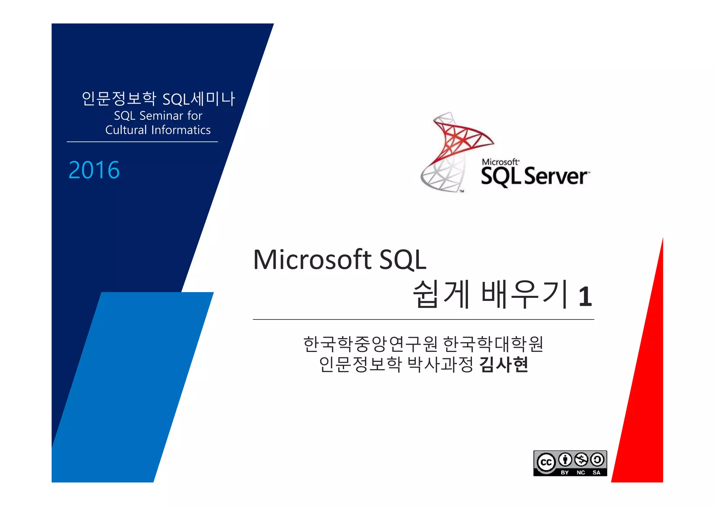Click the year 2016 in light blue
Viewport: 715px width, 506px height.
click(x=94, y=170)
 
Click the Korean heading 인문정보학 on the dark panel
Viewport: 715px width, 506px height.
click(x=119, y=98)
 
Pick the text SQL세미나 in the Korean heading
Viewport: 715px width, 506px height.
click(x=199, y=99)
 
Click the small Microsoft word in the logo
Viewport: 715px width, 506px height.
click(x=500, y=162)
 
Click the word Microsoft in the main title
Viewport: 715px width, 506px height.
click(x=312, y=260)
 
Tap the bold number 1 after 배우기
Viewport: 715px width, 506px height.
click(x=585, y=297)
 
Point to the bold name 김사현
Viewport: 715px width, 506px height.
click(x=504, y=365)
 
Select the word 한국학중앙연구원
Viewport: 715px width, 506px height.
click(x=370, y=344)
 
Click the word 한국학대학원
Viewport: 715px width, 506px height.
click(x=493, y=344)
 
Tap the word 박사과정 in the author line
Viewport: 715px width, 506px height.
click(x=440, y=365)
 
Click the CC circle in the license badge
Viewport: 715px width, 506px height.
click(x=546, y=462)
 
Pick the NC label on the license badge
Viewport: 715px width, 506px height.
click(x=581, y=472)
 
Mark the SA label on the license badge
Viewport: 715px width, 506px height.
click(x=596, y=472)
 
